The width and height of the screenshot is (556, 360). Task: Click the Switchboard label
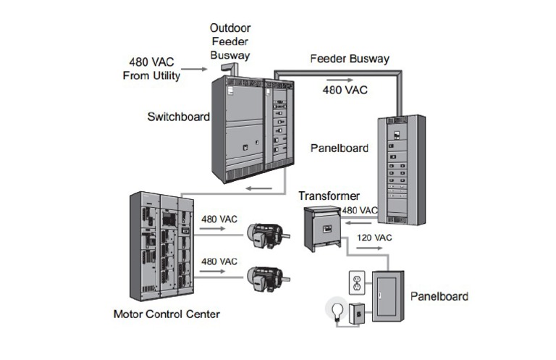click(178, 116)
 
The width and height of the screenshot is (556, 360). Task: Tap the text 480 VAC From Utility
click(151, 69)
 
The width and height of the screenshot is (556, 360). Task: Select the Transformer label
click(329, 196)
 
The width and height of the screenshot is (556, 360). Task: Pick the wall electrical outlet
click(356, 283)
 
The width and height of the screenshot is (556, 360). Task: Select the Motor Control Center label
click(167, 314)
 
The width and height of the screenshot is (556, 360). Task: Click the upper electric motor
click(266, 233)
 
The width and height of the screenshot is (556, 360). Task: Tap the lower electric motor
click(266, 276)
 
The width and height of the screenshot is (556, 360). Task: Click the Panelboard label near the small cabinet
click(439, 296)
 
